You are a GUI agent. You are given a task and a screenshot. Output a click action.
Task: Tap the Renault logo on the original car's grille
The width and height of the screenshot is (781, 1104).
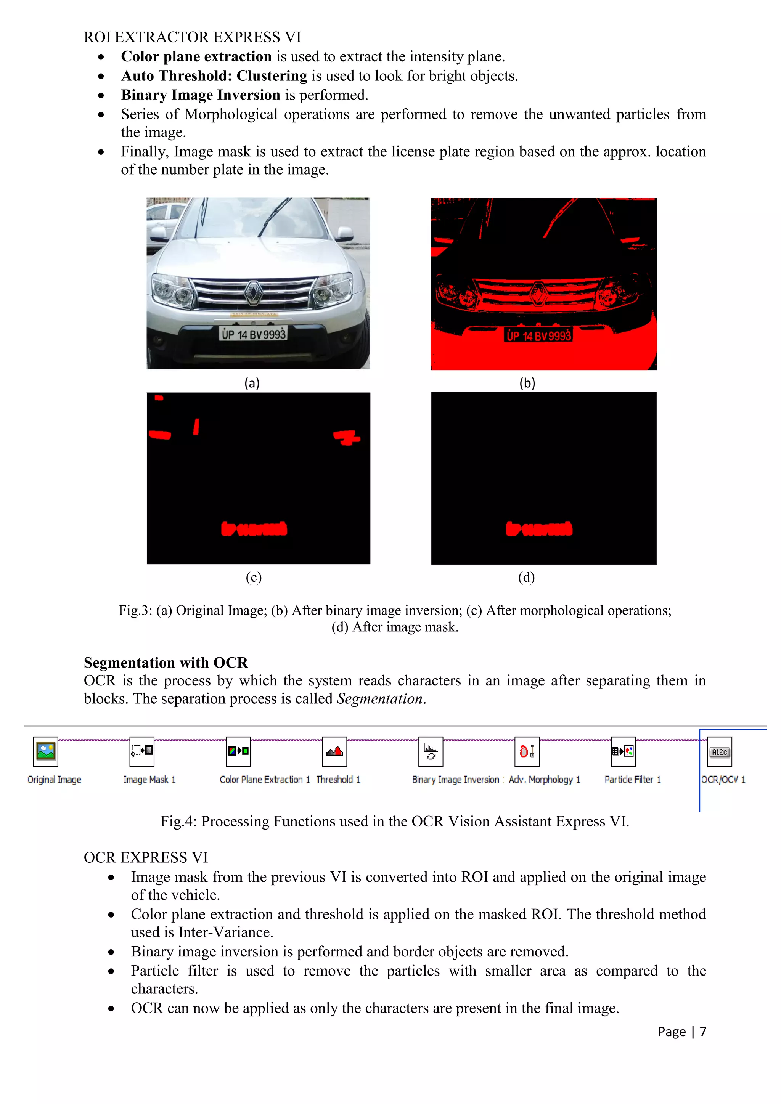click(x=253, y=293)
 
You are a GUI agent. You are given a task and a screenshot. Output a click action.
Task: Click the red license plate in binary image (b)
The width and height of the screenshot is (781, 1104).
click(x=538, y=335)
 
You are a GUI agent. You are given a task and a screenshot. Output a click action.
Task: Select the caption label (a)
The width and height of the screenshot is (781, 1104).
click(x=252, y=383)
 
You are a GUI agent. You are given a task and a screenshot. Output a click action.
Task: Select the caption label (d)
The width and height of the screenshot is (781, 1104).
click(x=527, y=577)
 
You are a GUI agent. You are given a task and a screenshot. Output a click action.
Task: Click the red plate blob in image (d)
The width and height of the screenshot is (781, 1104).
click(x=539, y=529)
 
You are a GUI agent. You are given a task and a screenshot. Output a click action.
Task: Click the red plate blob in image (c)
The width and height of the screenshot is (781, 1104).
click(x=254, y=529)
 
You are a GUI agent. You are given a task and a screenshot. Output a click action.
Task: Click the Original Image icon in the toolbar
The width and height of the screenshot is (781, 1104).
click(x=46, y=751)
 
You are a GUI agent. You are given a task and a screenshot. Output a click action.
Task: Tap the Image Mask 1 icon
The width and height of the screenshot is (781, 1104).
click(x=142, y=751)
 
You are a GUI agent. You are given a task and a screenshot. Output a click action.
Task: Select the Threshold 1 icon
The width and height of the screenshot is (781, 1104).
click(x=334, y=751)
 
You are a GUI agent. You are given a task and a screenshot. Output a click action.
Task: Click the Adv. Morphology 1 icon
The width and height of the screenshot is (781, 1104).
click(x=527, y=751)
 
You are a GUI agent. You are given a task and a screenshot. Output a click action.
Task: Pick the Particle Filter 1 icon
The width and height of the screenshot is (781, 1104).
click(x=623, y=751)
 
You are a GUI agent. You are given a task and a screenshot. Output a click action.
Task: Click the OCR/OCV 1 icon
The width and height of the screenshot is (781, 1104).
click(x=720, y=751)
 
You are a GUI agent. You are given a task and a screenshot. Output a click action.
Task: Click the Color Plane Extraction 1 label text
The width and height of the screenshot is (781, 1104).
click(x=265, y=780)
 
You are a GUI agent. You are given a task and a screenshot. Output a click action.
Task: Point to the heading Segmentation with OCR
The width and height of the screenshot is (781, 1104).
click(x=166, y=663)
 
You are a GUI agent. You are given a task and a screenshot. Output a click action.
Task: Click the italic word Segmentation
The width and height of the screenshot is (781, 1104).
click(x=379, y=699)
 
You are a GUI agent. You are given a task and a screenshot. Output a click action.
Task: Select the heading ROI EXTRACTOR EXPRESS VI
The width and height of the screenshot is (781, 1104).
click(x=192, y=37)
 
